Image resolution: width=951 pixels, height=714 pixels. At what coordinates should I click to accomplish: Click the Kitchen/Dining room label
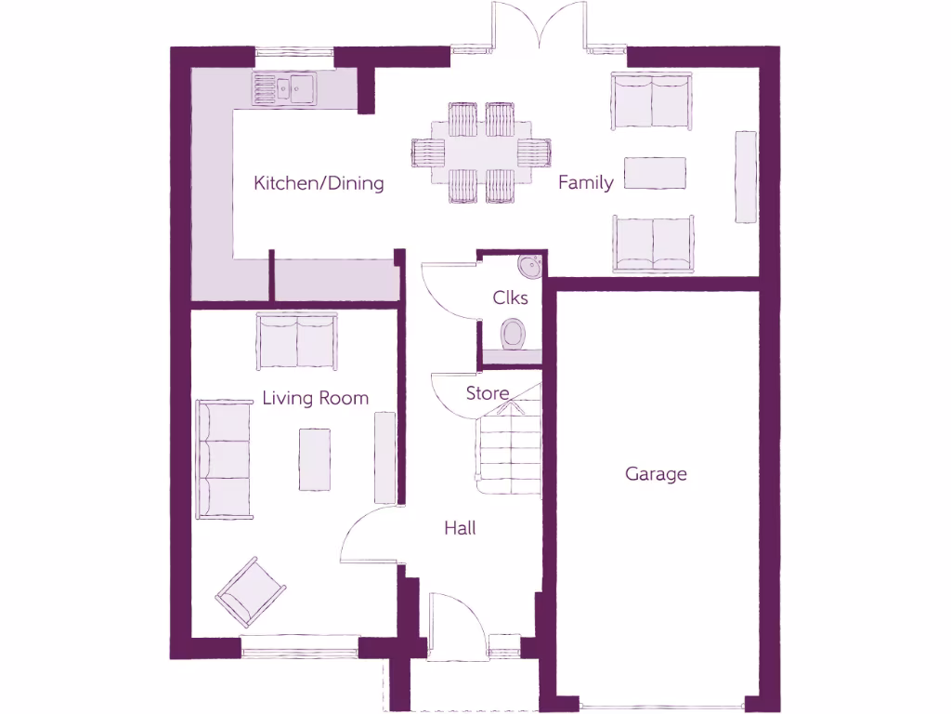[319, 183]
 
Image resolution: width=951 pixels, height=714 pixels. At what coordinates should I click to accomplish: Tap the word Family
[585, 183]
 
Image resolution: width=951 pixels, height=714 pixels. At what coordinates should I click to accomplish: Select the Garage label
[656, 474]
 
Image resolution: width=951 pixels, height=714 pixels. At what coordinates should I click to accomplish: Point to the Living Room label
[315, 399]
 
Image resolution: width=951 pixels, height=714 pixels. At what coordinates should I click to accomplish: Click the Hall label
[460, 528]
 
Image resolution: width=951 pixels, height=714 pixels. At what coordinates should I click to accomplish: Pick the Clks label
[510, 297]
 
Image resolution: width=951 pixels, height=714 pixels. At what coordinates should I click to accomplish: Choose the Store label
[488, 392]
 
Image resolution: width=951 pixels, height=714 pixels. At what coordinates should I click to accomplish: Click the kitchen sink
[283, 89]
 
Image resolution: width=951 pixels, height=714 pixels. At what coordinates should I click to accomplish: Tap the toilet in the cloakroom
[513, 333]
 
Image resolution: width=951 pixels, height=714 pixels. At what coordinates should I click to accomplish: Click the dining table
[481, 152]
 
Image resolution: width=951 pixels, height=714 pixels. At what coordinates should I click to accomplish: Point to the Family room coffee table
[655, 173]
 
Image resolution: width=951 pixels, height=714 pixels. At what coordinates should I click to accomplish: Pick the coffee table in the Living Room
[315, 458]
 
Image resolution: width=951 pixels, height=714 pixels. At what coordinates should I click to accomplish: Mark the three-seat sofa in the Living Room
[224, 459]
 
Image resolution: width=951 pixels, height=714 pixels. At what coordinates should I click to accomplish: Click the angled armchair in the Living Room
[250, 592]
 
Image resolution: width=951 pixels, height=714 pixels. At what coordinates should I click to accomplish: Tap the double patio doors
[539, 26]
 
